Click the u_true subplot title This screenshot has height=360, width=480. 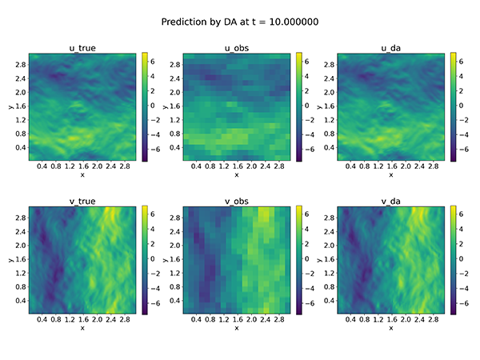click(82, 47)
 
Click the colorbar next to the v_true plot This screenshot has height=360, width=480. click(144, 260)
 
